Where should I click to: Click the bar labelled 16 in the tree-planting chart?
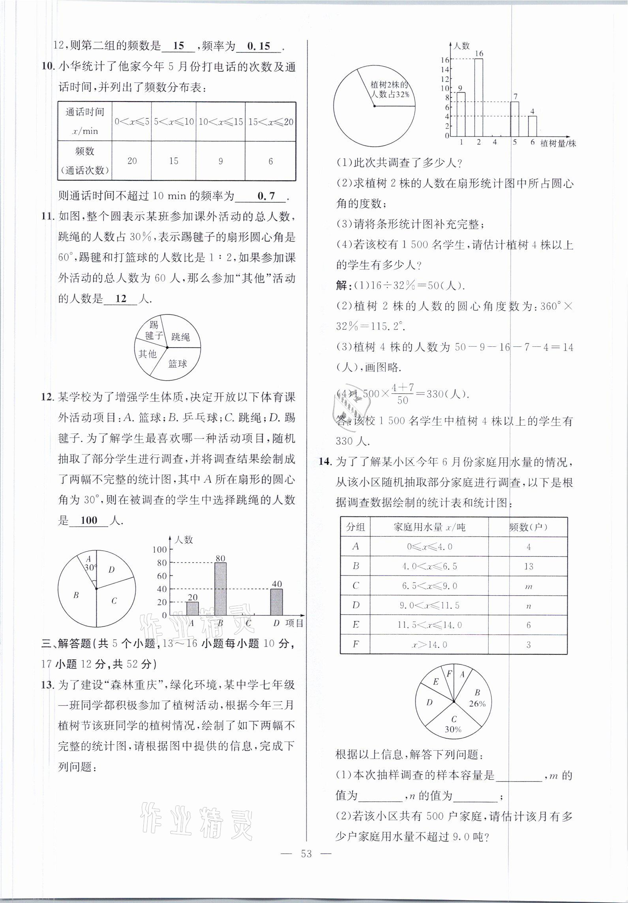(x=478, y=97)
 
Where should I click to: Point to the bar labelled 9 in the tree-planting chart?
(x=461, y=114)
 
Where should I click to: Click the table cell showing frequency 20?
(x=132, y=161)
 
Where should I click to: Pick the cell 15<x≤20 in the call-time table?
(x=270, y=122)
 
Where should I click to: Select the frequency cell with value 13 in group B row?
(x=528, y=566)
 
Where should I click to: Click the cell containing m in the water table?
(x=528, y=586)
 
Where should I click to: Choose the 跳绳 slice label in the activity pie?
(x=180, y=337)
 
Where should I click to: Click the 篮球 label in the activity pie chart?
(x=177, y=364)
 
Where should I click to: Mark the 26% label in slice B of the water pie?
(x=477, y=703)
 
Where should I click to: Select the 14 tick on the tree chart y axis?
(x=445, y=69)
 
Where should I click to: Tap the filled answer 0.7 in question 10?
(x=266, y=196)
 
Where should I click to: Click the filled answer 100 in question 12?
(x=89, y=520)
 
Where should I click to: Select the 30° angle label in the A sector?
(x=90, y=568)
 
